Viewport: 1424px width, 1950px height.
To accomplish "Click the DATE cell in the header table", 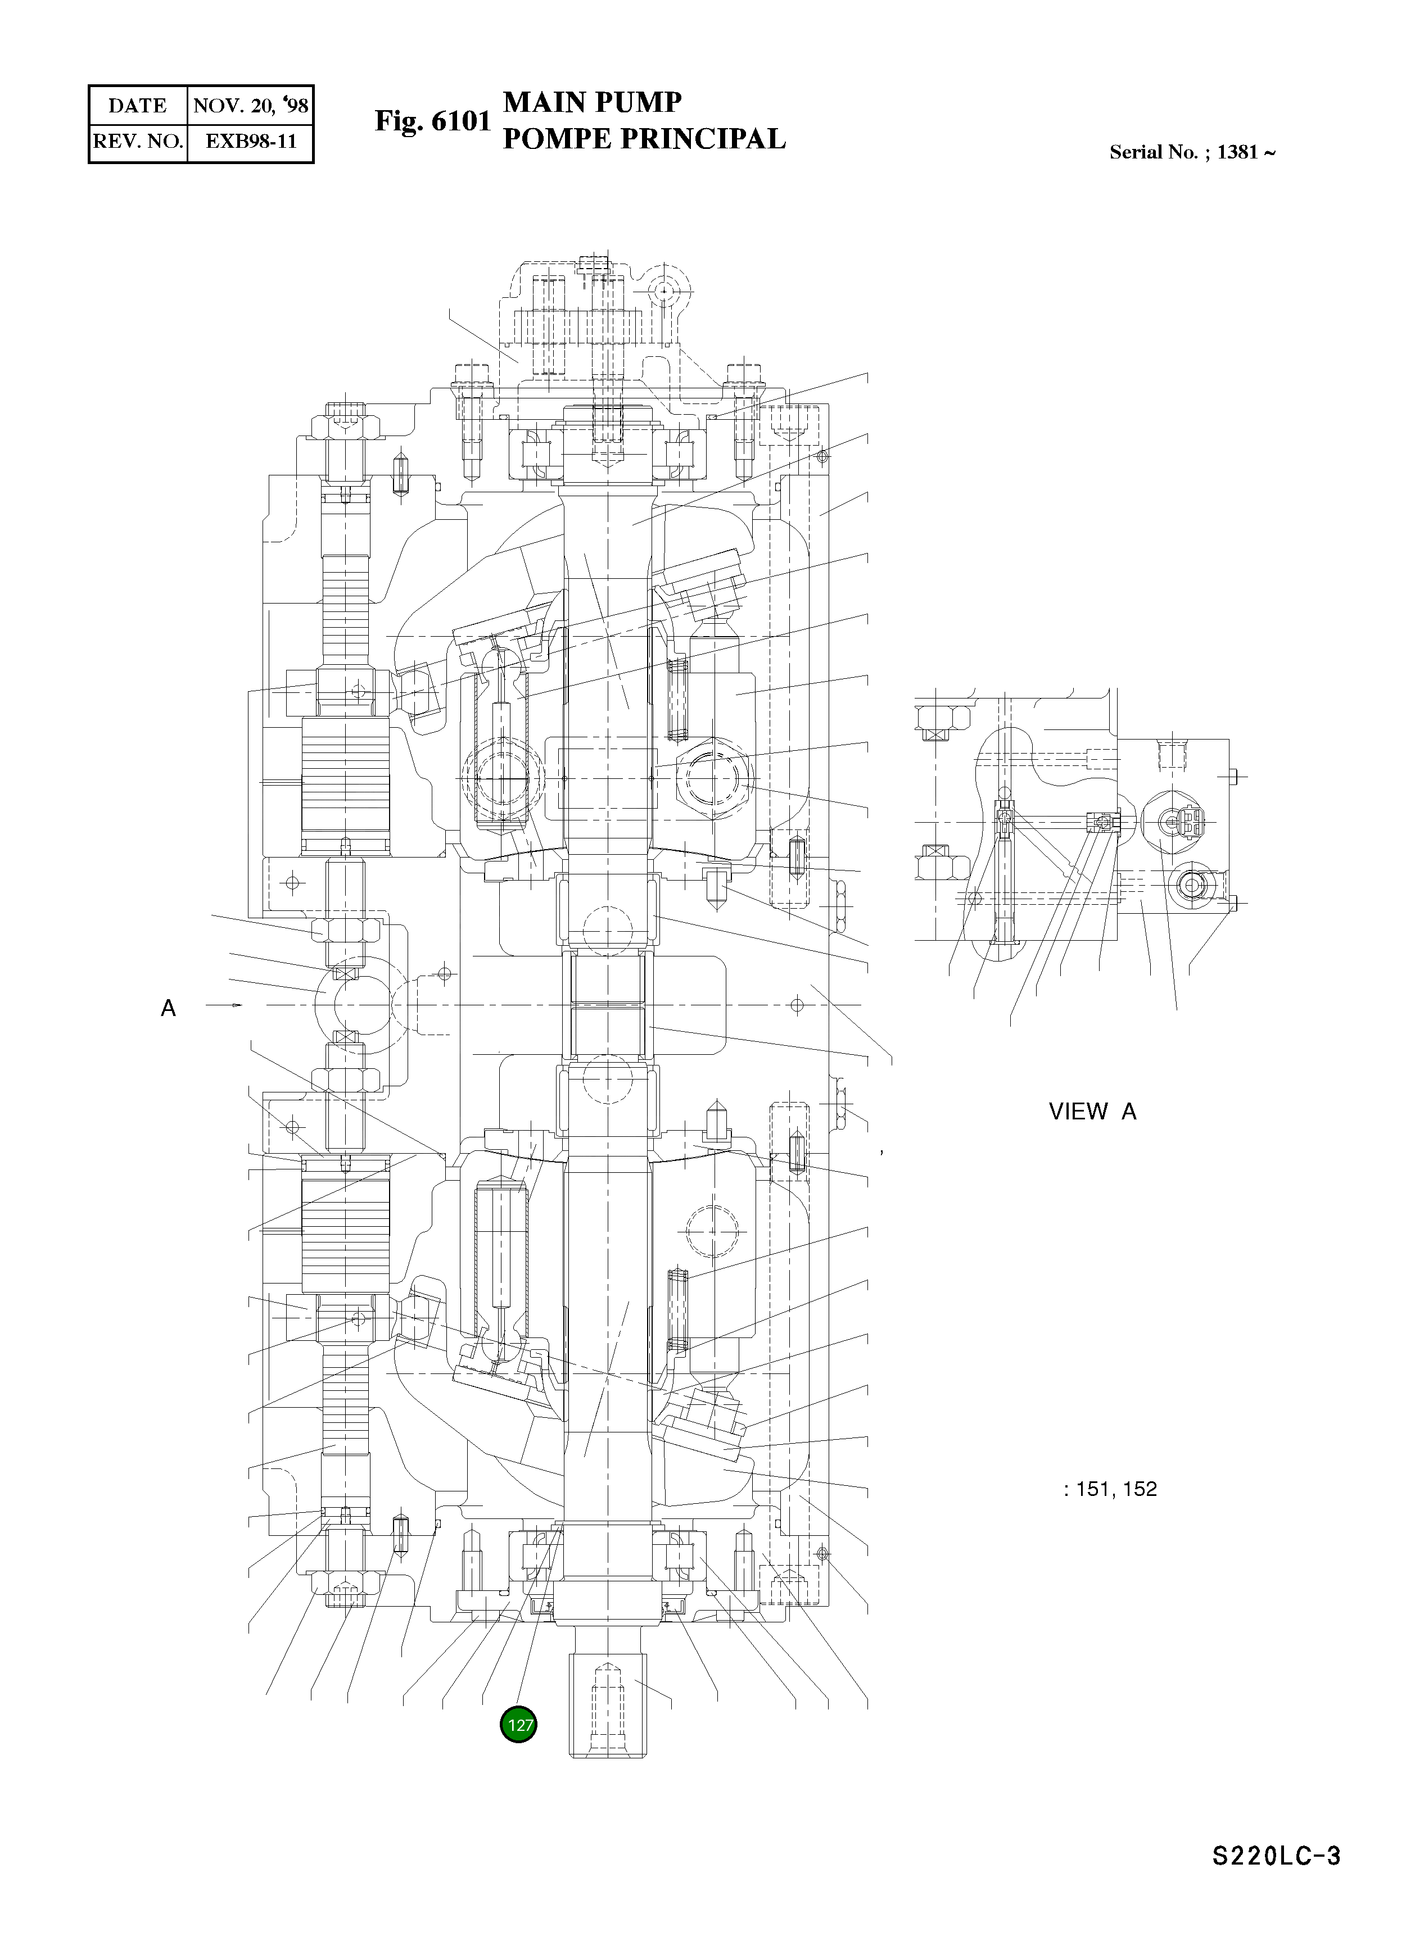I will (x=137, y=106).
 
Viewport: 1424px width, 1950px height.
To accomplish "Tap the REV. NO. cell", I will (x=138, y=142).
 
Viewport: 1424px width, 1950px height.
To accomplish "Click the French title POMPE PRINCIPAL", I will (x=643, y=139).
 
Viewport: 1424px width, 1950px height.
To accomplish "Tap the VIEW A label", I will (x=1092, y=1112).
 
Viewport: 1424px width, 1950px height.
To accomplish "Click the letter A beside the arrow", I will (x=168, y=1008).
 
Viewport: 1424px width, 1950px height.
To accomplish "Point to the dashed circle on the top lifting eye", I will (x=664, y=292).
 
